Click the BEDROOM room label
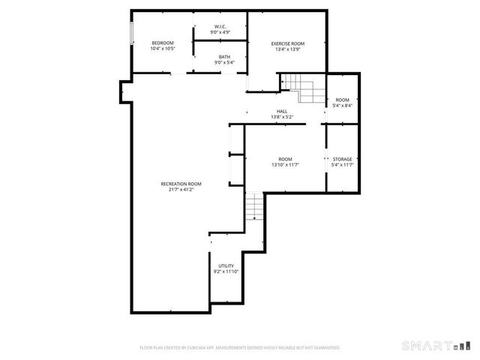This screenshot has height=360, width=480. point(162,43)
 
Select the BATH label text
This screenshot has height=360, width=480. point(225,57)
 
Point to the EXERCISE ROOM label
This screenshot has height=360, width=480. point(287,43)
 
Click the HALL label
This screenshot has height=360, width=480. point(282,112)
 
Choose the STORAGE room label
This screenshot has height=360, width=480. point(342,159)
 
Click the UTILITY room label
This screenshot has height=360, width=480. point(226,265)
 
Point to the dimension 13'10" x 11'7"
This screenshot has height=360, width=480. point(285,165)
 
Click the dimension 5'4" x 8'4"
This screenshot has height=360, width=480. point(342,106)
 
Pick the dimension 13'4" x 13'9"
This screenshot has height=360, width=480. point(287,49)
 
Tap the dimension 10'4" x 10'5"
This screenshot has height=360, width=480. point(162,49)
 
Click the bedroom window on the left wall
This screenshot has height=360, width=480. point(132,34)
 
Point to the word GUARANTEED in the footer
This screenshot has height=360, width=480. point(325,348)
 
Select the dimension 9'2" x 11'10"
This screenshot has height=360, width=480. point(226,271)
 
